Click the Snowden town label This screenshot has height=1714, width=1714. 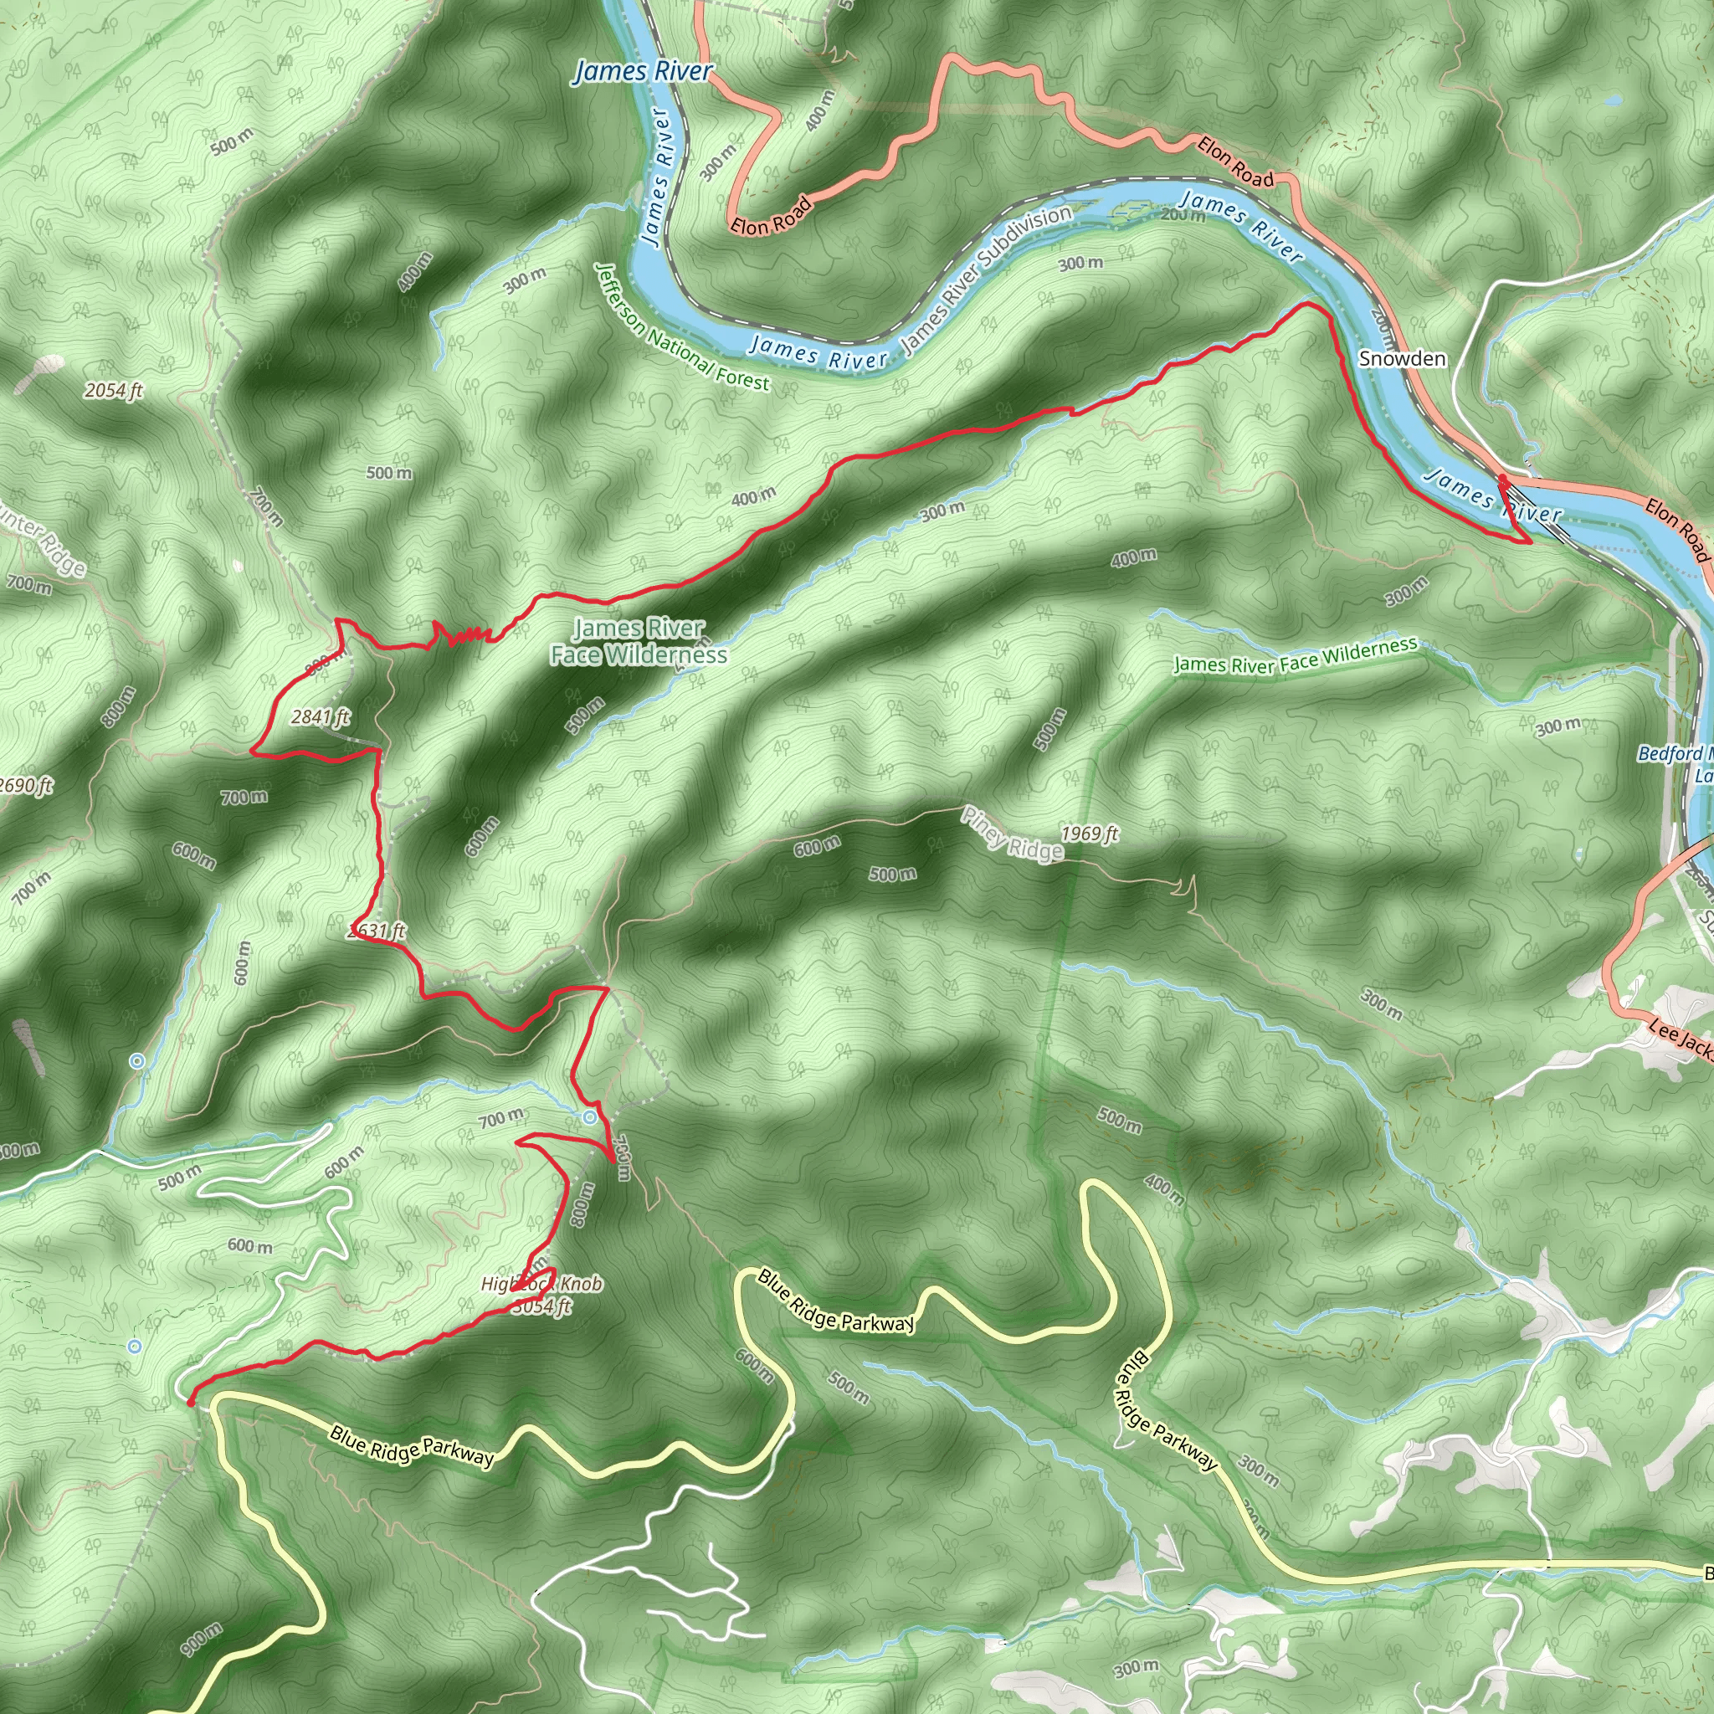coord(1402,358)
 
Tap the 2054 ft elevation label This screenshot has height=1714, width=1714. coord(114,390)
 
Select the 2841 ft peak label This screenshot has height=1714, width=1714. coord(321,717)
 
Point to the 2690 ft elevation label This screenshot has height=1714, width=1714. coord(27,786)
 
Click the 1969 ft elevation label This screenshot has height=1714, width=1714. coord(1090,833)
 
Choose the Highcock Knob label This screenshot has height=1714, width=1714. coord(541,1284)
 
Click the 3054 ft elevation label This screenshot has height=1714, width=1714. coord(541,1306)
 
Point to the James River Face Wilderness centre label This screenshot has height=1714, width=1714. coord(639,641)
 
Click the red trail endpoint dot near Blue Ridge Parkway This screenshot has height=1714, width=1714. coord(191,1403)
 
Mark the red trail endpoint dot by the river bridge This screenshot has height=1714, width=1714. coord(1502,479)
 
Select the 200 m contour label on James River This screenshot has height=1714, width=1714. coord(1183,216)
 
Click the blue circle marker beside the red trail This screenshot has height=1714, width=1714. coord(590,1118)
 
